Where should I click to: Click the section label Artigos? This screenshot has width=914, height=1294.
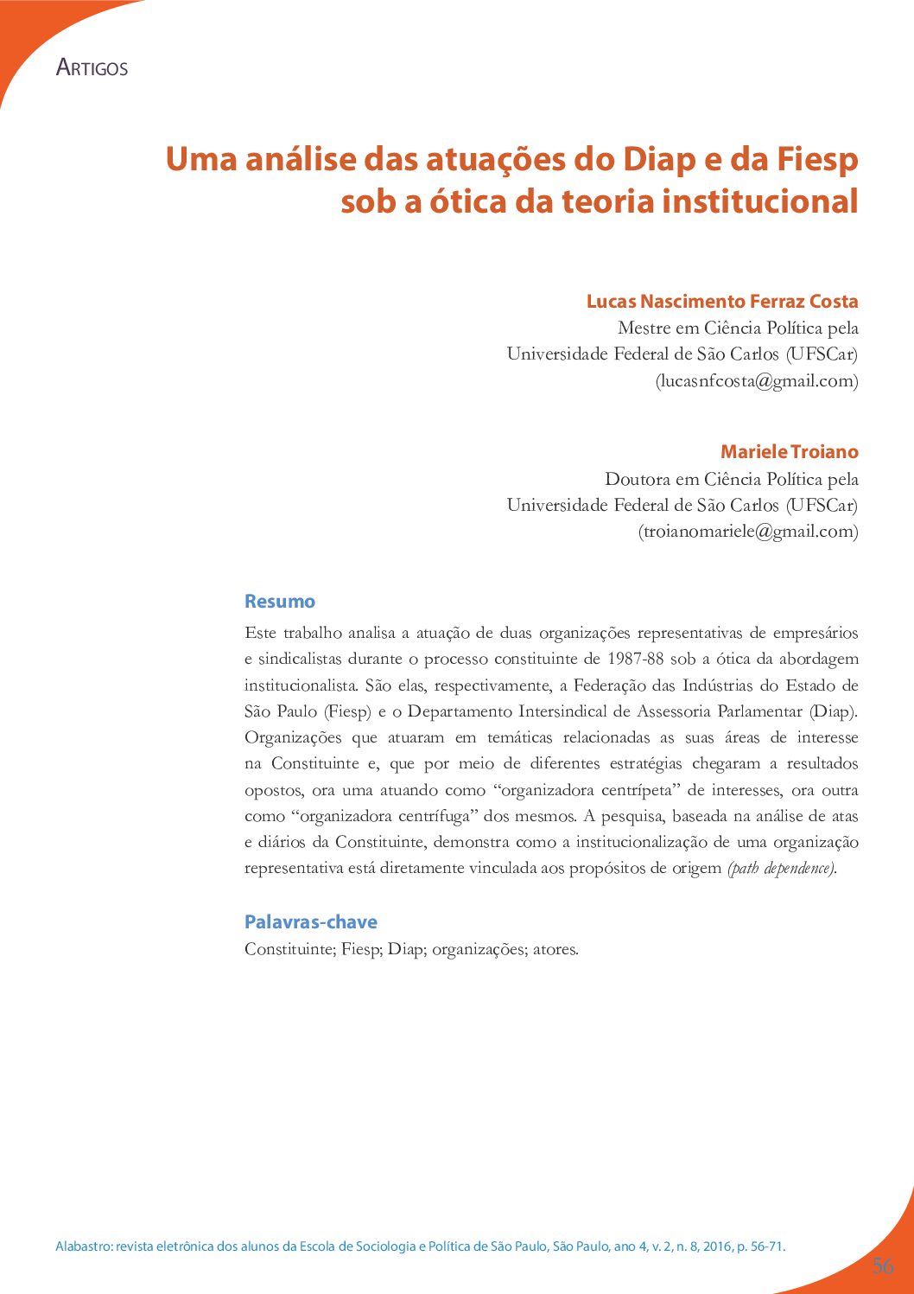(92, 67)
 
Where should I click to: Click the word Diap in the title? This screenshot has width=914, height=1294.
(659, 160)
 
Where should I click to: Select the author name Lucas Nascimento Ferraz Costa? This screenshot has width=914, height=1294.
(722, 302)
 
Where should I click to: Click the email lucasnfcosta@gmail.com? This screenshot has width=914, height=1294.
(757, 380)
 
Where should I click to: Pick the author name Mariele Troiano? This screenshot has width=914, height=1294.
(789, 452)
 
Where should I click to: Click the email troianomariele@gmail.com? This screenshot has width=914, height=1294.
(748, 532)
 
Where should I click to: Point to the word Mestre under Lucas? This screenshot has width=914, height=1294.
(644, 328)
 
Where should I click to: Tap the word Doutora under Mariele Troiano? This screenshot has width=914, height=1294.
(637, 480)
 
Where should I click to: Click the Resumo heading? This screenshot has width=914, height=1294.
(279, 602)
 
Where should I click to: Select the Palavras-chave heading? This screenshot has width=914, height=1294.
(310, 922)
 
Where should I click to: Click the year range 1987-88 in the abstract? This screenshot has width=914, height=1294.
(635, 659)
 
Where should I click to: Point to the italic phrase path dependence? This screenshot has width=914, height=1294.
(781, 869)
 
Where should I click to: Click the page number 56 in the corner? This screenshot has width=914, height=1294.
(882, 1266)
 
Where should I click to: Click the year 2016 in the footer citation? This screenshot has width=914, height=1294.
(716, 1246)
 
